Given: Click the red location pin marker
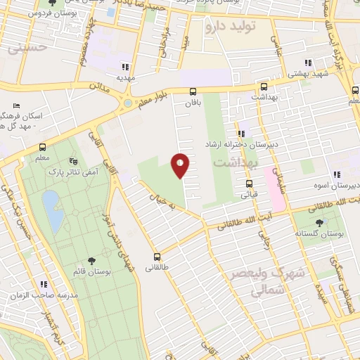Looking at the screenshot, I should coord(181,165).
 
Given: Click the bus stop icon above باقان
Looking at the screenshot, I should coord(193,91).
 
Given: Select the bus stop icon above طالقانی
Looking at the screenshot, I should coord(157,257).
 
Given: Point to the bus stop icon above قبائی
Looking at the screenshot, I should coord(248,184).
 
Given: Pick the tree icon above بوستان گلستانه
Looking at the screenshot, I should coord(320,224).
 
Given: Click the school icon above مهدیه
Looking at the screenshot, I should coord(126,66).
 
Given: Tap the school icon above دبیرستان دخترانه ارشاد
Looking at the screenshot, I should coord(242,134).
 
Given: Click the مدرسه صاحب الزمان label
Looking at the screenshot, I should coord(39,295).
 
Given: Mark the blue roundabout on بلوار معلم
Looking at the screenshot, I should coord(127,104).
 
